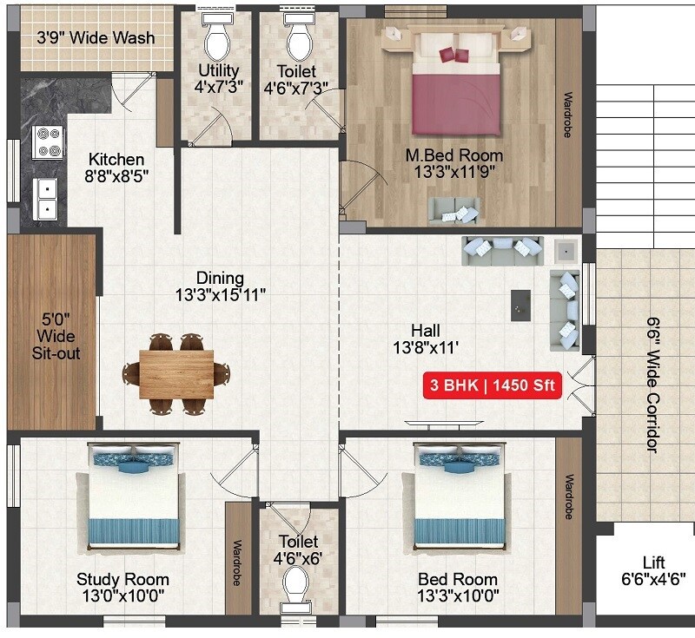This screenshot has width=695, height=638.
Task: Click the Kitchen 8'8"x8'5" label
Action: pos(116,168)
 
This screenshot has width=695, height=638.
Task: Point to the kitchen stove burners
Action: pos(48,142)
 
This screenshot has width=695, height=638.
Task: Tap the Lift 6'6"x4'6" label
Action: pos(652,569)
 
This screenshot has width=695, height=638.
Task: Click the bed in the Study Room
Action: pos(135,499)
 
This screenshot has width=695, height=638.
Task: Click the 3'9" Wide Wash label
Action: pos(96,37)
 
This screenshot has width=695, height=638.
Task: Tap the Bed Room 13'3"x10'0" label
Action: pos(458,587)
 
